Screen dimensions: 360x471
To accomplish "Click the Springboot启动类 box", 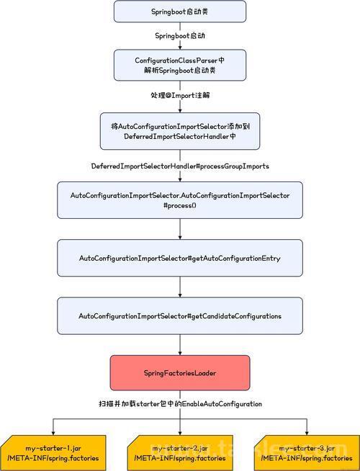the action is [180, 12].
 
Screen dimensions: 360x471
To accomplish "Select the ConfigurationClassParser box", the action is [180, 66].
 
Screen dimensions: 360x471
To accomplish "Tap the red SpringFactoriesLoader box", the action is [180, 373].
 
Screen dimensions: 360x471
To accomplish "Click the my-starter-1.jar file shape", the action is [53, 453].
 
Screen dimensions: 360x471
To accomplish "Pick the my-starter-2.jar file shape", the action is [180, 453].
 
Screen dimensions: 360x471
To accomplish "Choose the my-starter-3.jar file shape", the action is [307, 453].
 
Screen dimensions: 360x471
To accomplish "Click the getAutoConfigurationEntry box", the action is [180, 258].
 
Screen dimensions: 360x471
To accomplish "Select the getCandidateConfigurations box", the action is [180, 315].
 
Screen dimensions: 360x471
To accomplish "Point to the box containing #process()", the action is [180, 200].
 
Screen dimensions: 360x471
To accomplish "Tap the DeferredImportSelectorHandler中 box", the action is [180, 131].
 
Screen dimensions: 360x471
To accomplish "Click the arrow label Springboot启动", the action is [180, 36].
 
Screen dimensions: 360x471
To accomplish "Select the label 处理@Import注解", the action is [180, 96].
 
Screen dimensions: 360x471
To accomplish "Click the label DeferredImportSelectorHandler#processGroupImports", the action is [180, 166].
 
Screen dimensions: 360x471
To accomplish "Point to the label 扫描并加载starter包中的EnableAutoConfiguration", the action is [180, 404].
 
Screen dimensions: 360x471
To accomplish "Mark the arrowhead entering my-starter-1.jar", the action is [53, 433].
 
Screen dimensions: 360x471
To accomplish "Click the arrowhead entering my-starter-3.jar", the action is [307, 433].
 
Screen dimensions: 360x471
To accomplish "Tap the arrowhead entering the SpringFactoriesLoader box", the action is [180, 353].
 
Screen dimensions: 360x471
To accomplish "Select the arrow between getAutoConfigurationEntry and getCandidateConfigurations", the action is [180, 287].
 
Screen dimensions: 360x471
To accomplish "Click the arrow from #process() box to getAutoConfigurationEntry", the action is [180, 229].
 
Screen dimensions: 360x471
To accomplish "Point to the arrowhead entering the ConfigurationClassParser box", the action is [180, 48].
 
